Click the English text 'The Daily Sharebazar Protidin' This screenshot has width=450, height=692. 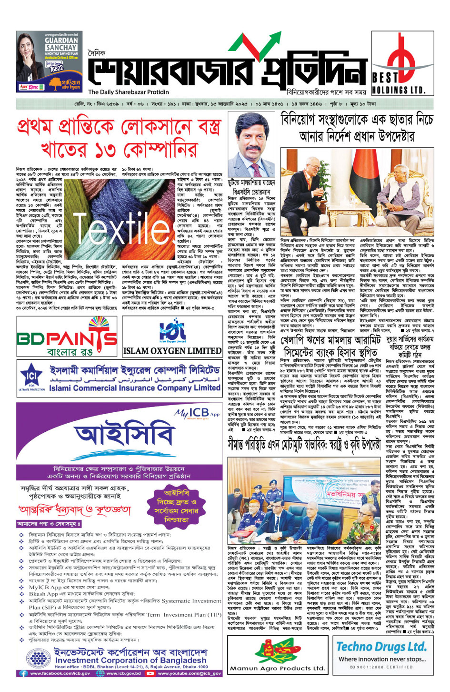click(x=129, y=92)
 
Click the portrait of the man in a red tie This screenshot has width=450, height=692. click(x=251, y=145)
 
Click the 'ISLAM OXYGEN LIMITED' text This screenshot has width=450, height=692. click(x=172, y=351)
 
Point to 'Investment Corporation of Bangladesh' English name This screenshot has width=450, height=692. click(x=130, y=661)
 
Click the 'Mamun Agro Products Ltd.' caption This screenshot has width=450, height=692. click(x=277, y=668)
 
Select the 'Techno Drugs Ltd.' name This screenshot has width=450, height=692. click(x=381, y=647)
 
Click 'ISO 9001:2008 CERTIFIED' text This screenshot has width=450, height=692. click(x=381, y=667)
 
